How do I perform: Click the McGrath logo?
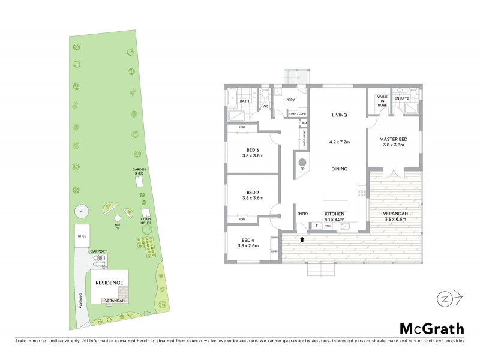point(431,328)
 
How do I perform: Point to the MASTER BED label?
point(394,139)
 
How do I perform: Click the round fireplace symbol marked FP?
point(303,162)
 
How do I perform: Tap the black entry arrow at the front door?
point(302,239)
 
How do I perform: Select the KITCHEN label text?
point(335,214)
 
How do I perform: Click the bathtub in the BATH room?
point(232,96)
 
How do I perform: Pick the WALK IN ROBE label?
point(382,100)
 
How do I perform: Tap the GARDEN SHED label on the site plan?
point(140,172)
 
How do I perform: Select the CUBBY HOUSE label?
point(146,223)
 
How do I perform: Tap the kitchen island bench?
point(335,205)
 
